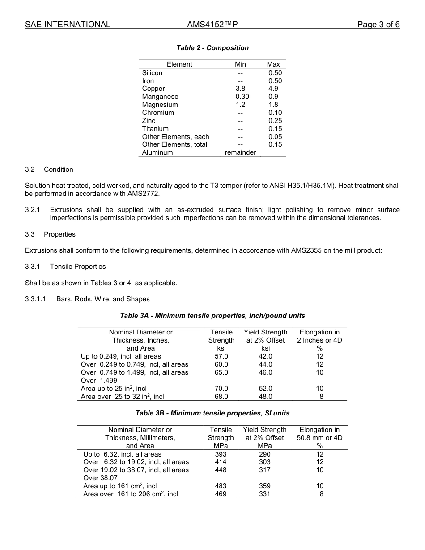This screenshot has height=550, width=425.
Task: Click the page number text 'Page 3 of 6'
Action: click(x=378, y=25)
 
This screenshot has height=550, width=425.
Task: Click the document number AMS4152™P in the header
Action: click(x=212, y=25)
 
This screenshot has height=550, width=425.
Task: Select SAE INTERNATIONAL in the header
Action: click(x=68, y=25)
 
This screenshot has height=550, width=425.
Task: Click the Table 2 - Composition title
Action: click(x=212, y=48)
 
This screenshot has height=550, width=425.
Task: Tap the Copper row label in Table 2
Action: click(x=153, y=89)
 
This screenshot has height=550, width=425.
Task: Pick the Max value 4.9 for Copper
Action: click(x=273, y=89)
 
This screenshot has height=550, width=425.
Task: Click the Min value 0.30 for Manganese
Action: click(x=242, y=97)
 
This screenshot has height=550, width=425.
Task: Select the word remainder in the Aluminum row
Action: click(x=240, y=152)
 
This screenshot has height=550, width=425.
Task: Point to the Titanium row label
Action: click(x=155, y=129)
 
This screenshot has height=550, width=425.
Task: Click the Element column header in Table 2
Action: click(x=179, y=64)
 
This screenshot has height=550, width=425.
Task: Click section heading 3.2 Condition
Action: click(x=49, y=169)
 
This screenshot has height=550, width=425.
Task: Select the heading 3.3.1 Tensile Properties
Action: click(x=65, y=267)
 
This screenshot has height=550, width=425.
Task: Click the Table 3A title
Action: click(x=212, y=316)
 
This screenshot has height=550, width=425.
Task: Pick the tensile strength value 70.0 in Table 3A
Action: click(x=221, y=389)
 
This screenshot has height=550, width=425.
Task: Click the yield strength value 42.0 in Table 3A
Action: click(x=265, y=356)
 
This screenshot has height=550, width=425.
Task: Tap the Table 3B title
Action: click(x=212, y=413)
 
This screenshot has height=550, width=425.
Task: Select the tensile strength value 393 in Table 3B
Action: click(x=221, y=454)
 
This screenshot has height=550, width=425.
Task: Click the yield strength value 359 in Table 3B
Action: click(x=265, y=486)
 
